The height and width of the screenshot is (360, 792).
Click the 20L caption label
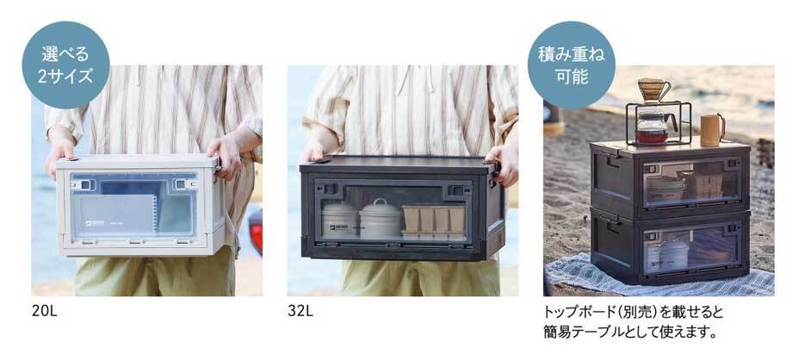[x=45, y=310]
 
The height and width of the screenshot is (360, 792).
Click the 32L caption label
[x=300, y=310]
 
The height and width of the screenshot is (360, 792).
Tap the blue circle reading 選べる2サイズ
[x=66, y=65]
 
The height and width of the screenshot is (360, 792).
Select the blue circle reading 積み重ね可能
[x=572, y=65]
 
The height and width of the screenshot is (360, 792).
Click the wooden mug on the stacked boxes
[x=713, y=129]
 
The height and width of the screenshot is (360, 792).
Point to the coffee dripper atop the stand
[x=654, y=90]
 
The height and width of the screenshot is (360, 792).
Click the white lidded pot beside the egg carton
[x=381, y=219]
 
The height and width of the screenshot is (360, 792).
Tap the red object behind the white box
[x=255, y=232]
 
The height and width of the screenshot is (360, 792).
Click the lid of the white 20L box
[x=139, y=162]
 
